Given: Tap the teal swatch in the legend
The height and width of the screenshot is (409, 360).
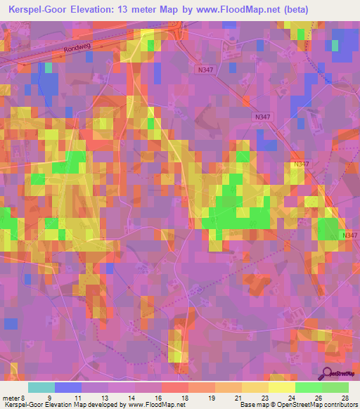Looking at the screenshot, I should pos(41,387).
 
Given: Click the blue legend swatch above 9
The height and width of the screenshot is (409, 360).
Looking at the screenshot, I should pos(67,387).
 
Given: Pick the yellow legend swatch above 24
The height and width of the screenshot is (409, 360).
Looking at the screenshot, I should pos(281,387).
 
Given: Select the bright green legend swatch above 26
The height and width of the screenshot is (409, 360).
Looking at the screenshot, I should pos(308,387).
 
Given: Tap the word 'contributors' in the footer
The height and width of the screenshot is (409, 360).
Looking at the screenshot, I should pos(339,405).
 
